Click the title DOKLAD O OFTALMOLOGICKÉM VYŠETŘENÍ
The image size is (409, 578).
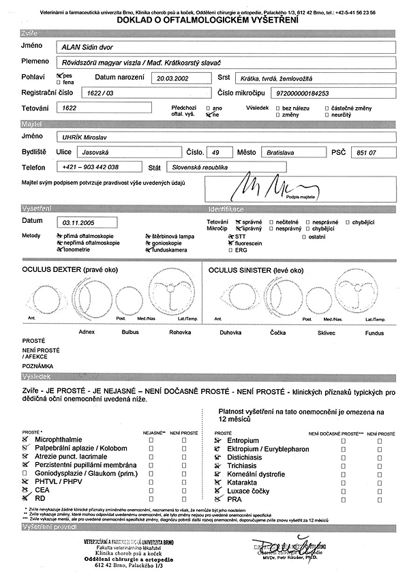[204, 22]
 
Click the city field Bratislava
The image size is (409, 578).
[283, 152]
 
